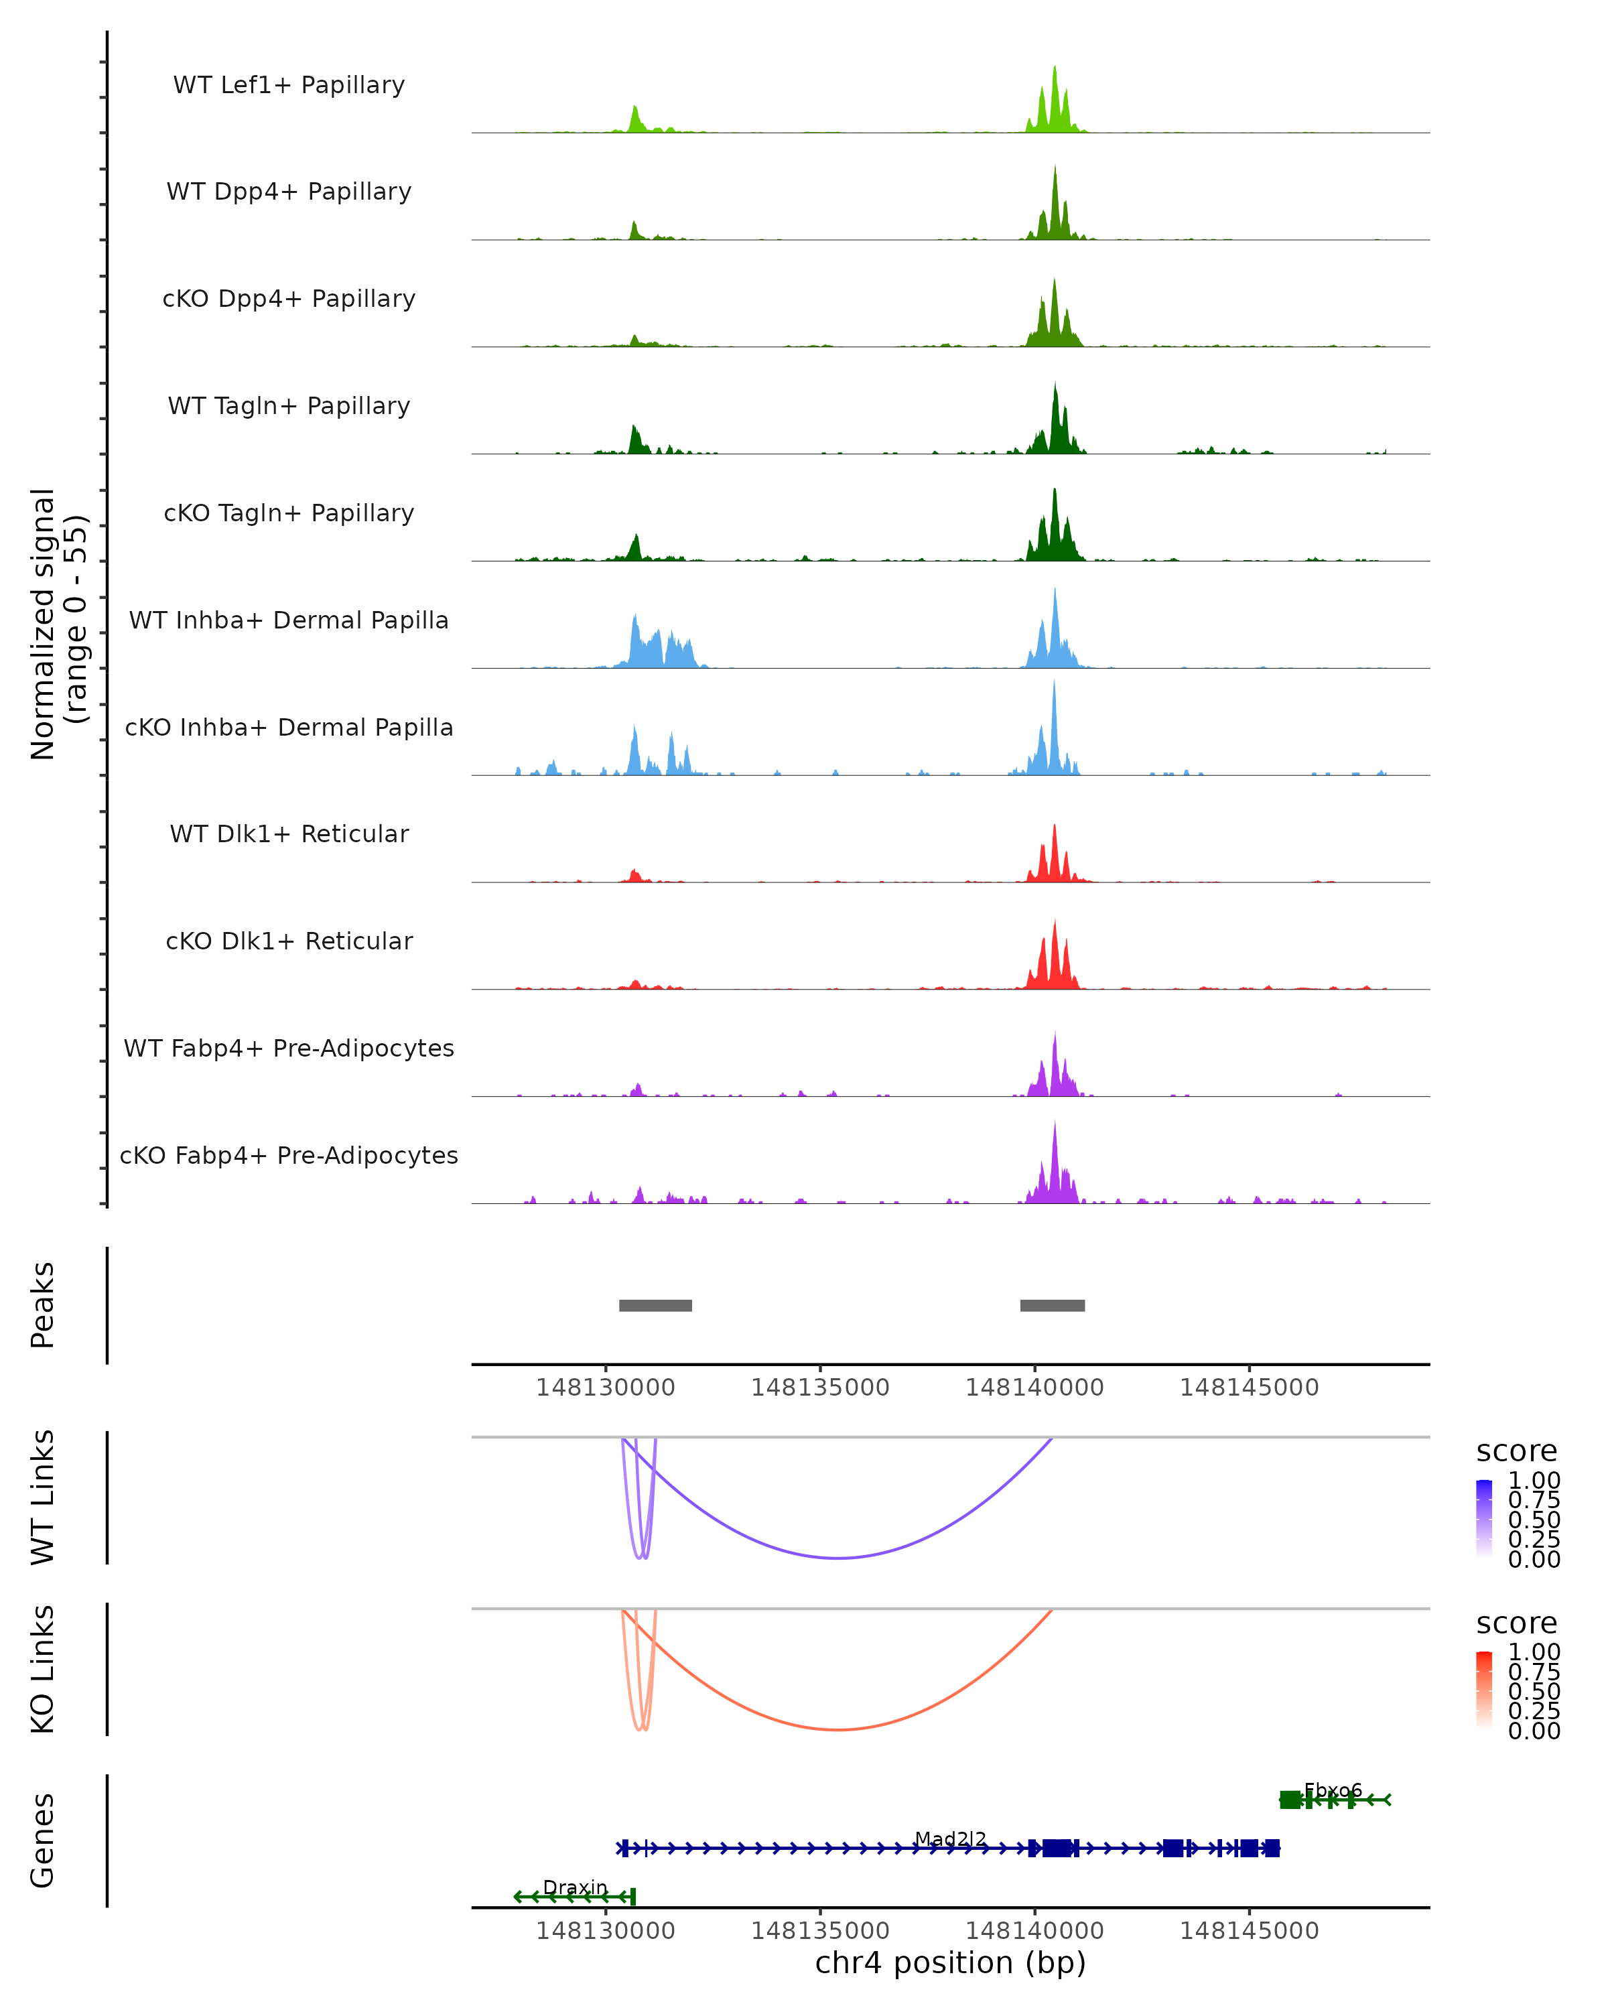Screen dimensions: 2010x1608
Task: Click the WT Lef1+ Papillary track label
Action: (x=289, y=85)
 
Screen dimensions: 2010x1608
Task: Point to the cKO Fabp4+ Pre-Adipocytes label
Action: (x=289, y=1155)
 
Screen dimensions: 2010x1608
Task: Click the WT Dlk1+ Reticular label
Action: (x=289, y=833)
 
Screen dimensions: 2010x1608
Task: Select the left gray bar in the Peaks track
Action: (x=655, y=1305)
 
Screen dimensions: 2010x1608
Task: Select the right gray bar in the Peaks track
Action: (x=1053, y=1305)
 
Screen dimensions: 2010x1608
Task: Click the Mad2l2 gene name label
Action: (x=950, y=1838)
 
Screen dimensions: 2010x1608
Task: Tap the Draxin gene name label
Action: (x=575, y=1887)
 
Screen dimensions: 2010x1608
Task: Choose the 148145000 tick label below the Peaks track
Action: (x=1249, y=1388)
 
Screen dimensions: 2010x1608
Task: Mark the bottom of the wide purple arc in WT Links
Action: (x=839, y=1558)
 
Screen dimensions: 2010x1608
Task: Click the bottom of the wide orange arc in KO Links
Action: (x=839, y=1729)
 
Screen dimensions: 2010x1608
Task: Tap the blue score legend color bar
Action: (x=1484, y=1517)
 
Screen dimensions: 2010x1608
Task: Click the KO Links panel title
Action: (x=42, y=1669)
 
